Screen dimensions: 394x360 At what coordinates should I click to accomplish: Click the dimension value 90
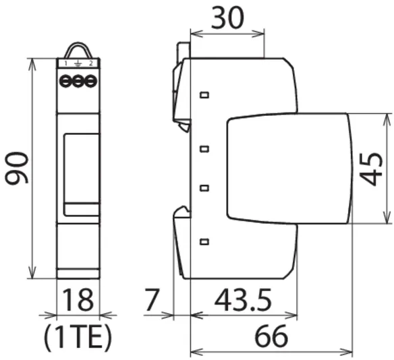pos(17,168)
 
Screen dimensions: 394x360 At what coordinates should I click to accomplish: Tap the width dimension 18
pos(78,300)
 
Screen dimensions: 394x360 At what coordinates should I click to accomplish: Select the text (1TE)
pos(78,337)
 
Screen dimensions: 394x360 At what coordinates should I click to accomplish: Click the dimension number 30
pos(227,18)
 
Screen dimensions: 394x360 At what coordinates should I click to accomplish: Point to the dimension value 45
pos(371,169)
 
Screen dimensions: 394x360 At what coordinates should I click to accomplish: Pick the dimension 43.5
pos(243,300)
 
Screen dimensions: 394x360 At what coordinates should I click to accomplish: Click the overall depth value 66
pos(271,336)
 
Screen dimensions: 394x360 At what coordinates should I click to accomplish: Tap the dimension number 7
pos(152,300)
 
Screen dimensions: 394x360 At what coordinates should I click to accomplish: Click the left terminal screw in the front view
pos(65,81)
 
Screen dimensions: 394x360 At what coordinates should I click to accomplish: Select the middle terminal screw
pos(78,81)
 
